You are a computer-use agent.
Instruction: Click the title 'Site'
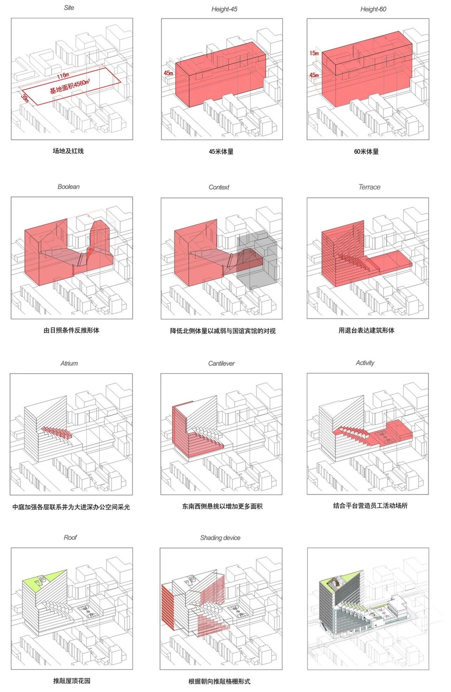(x=69, y=8)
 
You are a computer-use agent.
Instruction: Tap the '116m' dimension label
(x=63, y=76)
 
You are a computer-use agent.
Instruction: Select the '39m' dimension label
(x=25, y=98)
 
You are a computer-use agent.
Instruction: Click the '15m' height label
(x=314, y=53)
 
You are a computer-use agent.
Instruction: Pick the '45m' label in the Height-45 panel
(x=168, y=73)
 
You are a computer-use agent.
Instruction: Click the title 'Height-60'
(x=373, y=9)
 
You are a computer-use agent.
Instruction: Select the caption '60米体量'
(x=366, y=152)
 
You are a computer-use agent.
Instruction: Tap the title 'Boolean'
(x=69, y=187)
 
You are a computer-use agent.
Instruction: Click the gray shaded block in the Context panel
(x=259, y=261)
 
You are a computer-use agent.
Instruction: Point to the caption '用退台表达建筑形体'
(x=366, y=330)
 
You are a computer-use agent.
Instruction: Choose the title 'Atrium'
(x=69, y=363)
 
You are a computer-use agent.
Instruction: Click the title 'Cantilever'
(x=221, y=363)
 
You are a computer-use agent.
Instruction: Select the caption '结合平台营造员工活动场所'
(x=370, y=506)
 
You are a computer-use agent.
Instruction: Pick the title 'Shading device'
(x=220, y=538)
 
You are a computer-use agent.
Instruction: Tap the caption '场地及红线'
(x=68, y=151)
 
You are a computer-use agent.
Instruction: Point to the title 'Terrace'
(x=369, y=187)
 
